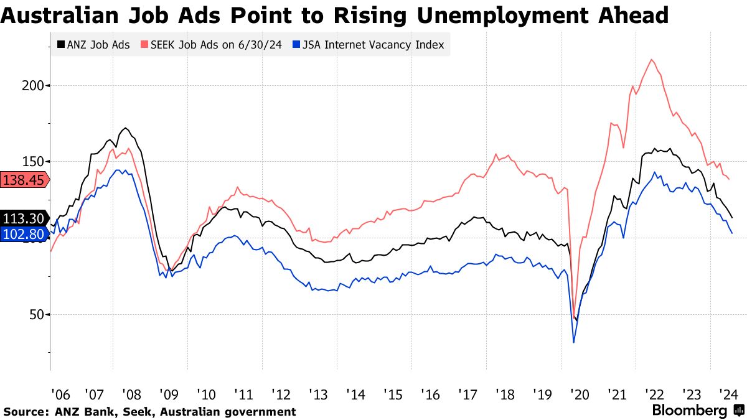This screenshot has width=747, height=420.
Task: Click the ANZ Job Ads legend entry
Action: [x=93, y=45]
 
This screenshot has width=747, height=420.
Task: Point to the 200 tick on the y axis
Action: [x=32, y=85]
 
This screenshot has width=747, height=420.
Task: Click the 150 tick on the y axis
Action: [x=32, y=162]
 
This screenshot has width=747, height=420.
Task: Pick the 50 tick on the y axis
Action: [x=35, y=315]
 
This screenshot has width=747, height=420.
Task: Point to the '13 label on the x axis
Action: [x=318, y=394]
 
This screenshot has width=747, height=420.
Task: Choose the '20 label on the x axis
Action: [x=580, y=394]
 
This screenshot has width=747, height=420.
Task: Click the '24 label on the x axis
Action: [x=729, y=394]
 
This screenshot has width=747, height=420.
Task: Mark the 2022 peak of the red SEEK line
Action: [x=651, y=60]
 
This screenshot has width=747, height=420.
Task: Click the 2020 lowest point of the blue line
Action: [x=573, y=342]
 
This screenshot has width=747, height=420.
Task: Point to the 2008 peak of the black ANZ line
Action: [x=126, y=128]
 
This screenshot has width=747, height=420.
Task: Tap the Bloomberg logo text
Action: [x=689, y=411]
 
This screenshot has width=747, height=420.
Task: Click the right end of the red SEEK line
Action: [x=730, y=180]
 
